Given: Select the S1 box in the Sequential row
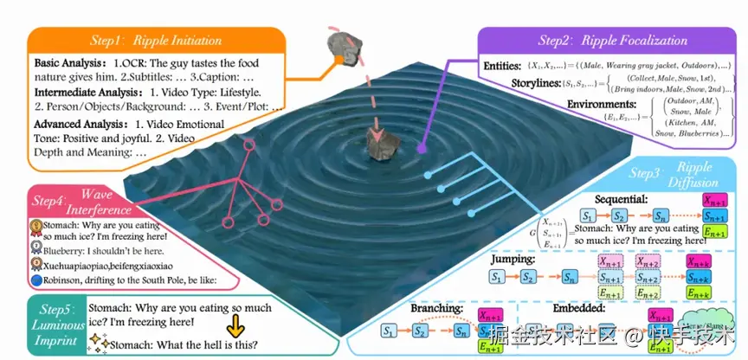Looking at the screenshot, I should click(588, 215).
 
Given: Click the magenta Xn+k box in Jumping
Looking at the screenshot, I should click(699, 260).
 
